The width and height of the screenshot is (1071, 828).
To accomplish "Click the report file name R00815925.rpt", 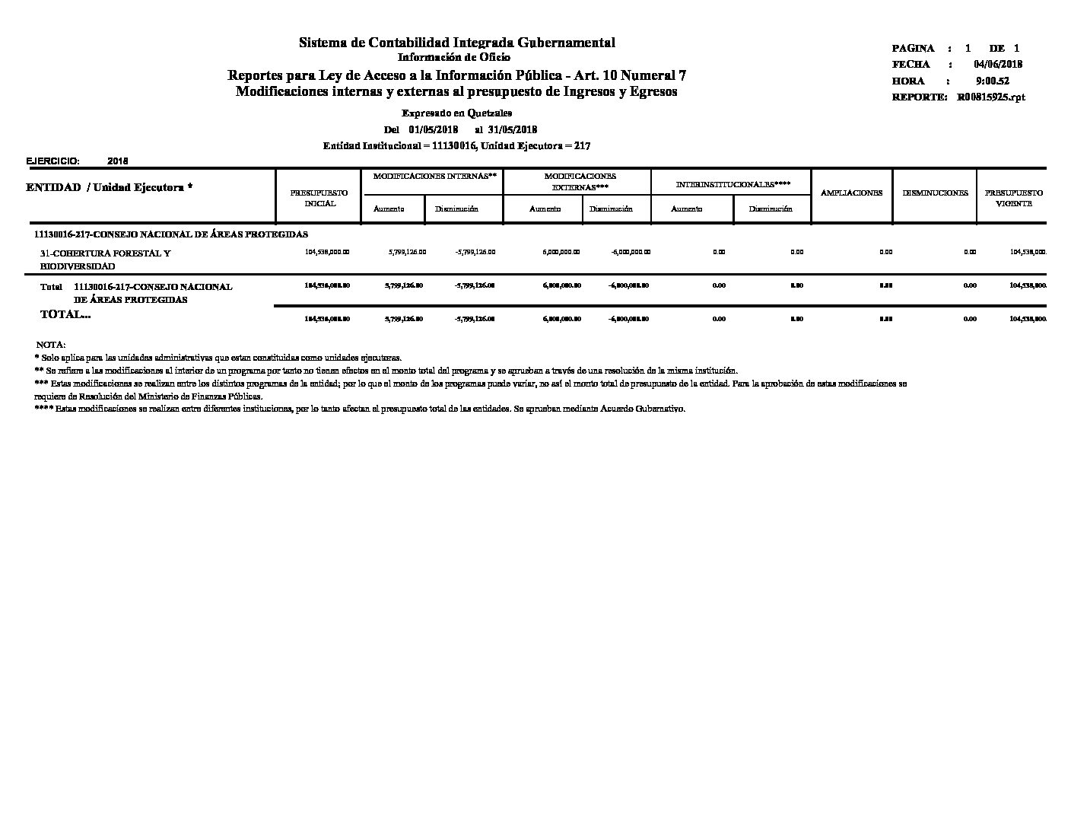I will pyautogui.click(x=991, y=97).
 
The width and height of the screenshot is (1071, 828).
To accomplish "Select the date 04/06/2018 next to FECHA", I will pyautogui.click(x=998, y=65).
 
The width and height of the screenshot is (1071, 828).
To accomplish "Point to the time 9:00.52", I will pyautogui.click(x=993, y=81).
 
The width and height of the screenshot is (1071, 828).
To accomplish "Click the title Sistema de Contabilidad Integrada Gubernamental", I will pyautogui.click(x=456, y=43).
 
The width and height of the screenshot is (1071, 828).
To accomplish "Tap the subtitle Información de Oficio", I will pyautogui.click(x=454, y=57).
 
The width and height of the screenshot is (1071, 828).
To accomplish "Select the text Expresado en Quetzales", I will pyautogui.click(x=456, y=113).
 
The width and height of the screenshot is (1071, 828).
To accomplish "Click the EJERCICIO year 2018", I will pyautogui.click(x=118, y=161).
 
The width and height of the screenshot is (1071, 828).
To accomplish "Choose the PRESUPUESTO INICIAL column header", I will pyautogui.click(x=319, y=198).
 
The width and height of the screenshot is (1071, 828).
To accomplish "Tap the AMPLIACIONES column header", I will pyautogui.click(x=851, y=193).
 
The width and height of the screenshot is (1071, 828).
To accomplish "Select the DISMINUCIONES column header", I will pyautogui.click(x=935, y=193).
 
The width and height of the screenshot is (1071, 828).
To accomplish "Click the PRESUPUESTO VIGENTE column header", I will pyautogui.click(x=1013, y=198).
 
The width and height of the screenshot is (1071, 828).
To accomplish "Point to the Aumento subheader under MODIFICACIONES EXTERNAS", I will pyautogui.click(x=545, y=209).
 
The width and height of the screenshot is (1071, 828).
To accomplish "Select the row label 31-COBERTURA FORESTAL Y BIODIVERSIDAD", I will pyautogui.click(x=105, y=260).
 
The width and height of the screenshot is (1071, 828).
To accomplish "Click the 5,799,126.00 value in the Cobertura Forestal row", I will pyautogui.click(x=407, y=252).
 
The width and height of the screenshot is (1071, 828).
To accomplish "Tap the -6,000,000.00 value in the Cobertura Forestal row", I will pyautogui.click(x=631, y=252).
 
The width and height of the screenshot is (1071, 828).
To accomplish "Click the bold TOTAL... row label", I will pyautogui.click(x=65, y=314).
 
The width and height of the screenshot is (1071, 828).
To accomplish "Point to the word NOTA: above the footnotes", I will pyautogui.click(x=51, y=345).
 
